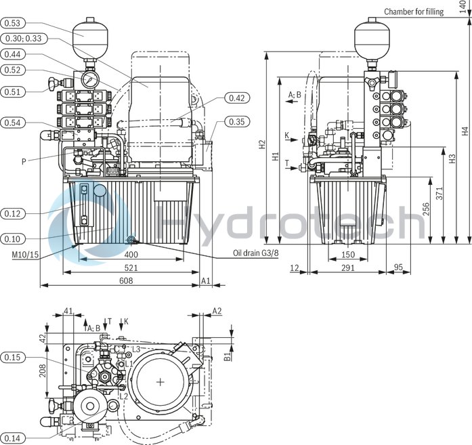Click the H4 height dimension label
[464, 131]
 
